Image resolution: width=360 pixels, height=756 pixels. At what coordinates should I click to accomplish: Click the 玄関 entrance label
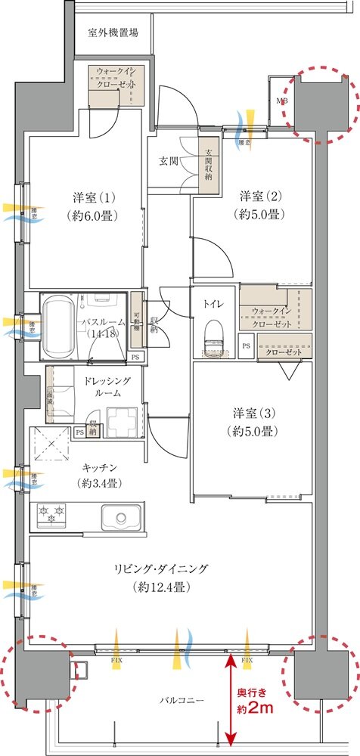(x=169, y=161)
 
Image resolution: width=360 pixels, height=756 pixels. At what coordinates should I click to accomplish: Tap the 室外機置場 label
(x=113, y=33)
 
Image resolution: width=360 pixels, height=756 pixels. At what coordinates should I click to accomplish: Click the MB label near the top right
(x=281, y=101)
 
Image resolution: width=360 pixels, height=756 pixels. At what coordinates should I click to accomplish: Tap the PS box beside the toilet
(x=247, y=346)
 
